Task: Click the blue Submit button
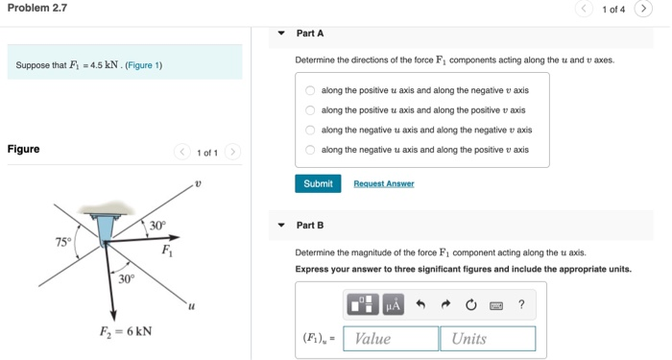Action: click(318, 183)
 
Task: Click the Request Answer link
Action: click(383, 183)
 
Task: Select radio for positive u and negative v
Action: click(310, 91)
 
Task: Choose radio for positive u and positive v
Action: click(310, 110)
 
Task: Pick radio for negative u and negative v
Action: click(310, 131)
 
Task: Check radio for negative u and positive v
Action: click(310, 150)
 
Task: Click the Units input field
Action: click(487, 338)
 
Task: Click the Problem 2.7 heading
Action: click(36, 10)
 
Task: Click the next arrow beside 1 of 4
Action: click(643, 10)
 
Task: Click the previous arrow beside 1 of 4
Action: click(584, 10)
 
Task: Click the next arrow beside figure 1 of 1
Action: click(233, 153)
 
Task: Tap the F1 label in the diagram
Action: click(167, 252)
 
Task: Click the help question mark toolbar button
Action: click(521, 305)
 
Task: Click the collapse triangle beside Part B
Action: click(281, 226)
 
